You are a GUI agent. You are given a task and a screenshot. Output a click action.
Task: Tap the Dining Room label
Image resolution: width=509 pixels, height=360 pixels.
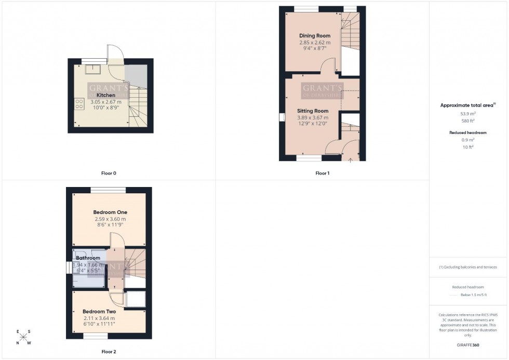(x=315, y=36)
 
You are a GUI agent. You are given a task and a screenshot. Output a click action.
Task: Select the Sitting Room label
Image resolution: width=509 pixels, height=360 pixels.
(x=313, y=111)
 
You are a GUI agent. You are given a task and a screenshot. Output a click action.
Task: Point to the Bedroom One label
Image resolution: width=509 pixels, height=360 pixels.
(x=110, y=212)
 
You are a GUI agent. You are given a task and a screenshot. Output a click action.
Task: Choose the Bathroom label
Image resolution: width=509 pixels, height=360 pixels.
(x=88, y=258)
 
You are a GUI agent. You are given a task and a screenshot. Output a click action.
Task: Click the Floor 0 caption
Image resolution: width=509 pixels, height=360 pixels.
(x=109, y=173)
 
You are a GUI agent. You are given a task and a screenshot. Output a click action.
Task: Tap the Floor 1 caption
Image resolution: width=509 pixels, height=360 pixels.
(x=322, y=173)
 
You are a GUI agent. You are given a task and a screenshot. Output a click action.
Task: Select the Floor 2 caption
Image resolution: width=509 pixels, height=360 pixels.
(x=109, y=352)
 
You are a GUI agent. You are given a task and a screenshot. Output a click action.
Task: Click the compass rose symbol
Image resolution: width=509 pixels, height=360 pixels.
(x=23, y=337)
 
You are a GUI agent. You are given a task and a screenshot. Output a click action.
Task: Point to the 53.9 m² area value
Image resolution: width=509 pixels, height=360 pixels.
(x=468, y=113)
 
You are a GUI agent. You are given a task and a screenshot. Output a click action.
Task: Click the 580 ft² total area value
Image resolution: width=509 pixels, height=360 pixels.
(x=468, y=121)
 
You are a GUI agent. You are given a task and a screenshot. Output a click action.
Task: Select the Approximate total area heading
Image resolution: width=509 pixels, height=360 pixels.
(x=468, y=105)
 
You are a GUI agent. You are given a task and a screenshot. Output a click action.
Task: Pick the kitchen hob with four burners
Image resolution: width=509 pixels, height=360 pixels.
(x=80, y=104)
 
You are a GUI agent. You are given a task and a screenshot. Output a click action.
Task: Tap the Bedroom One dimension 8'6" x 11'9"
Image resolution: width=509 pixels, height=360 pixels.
(x=110, y=225)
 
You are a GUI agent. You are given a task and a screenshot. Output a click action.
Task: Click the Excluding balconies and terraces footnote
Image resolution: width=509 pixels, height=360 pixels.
(x=468, y=267)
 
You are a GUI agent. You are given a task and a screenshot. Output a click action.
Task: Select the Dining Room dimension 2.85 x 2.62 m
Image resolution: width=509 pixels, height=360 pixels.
(x=315, y=43)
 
